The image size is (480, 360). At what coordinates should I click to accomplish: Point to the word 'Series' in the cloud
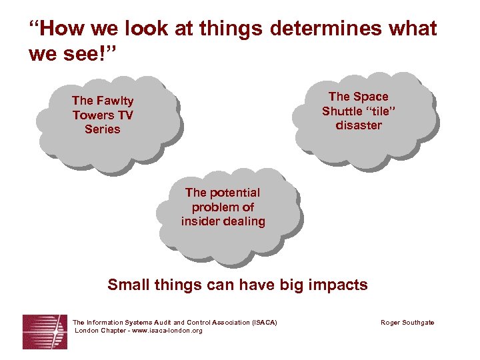click(103, 129)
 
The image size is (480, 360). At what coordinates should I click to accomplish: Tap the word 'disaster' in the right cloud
click(359, 125)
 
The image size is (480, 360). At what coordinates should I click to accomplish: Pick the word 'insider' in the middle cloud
click(201, 221)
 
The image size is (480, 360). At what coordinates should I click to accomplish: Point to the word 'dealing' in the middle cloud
click(244, 221)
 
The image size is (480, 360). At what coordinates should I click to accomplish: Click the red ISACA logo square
click(45, 331)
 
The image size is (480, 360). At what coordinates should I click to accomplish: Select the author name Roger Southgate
click(407, 323)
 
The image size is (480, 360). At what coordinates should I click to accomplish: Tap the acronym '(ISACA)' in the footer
click(265, 323)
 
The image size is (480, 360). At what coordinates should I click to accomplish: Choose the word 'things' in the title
click(228, 29)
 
